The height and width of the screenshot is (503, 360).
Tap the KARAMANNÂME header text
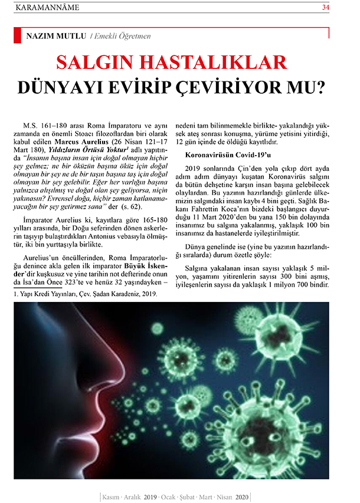point(46,8)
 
